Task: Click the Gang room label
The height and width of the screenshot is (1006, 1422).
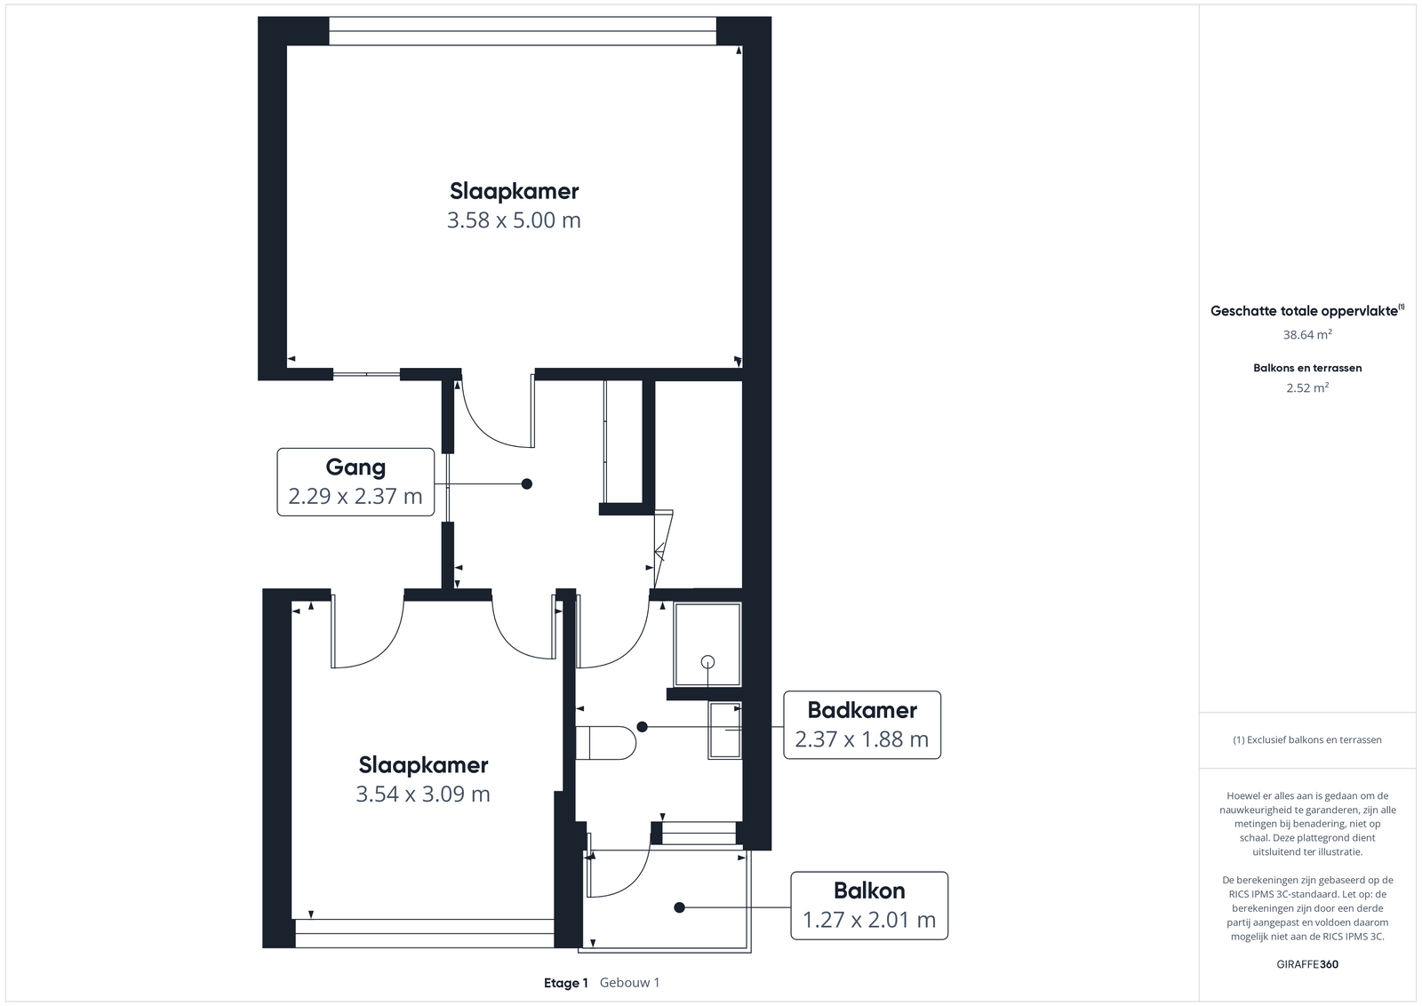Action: click(355, 467)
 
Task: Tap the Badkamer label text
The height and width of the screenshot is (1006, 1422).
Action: click(862, 710)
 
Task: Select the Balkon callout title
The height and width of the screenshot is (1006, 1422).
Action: click(869, 890)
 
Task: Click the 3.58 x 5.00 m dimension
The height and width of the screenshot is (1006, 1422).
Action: click(514, 220)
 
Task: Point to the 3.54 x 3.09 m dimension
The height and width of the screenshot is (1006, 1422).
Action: click(423, 794)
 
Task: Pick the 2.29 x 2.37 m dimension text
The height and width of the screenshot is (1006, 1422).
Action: click(355, 496)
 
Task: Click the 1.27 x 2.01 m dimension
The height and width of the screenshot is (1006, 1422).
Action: click(869, 920)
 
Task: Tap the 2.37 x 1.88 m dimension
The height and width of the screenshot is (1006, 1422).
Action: click(862, 739)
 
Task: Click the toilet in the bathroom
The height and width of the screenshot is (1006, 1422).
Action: click(605, 743)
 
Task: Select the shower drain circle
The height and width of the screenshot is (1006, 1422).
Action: click(707, 662)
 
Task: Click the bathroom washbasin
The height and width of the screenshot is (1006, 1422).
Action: click(725, 730)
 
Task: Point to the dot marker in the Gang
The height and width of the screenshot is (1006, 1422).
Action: click(527, 484)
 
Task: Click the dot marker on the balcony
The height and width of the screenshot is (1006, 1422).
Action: click(679, 907)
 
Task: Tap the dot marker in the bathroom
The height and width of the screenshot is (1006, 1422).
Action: click(643, 727)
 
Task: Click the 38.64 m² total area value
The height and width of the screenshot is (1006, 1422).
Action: click(1307, 334)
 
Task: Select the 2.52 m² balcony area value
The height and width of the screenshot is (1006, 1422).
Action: click(1307, 387)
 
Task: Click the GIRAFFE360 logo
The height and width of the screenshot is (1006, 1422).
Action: click(1307, 964)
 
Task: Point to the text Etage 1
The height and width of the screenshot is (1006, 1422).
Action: click(565, 983)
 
